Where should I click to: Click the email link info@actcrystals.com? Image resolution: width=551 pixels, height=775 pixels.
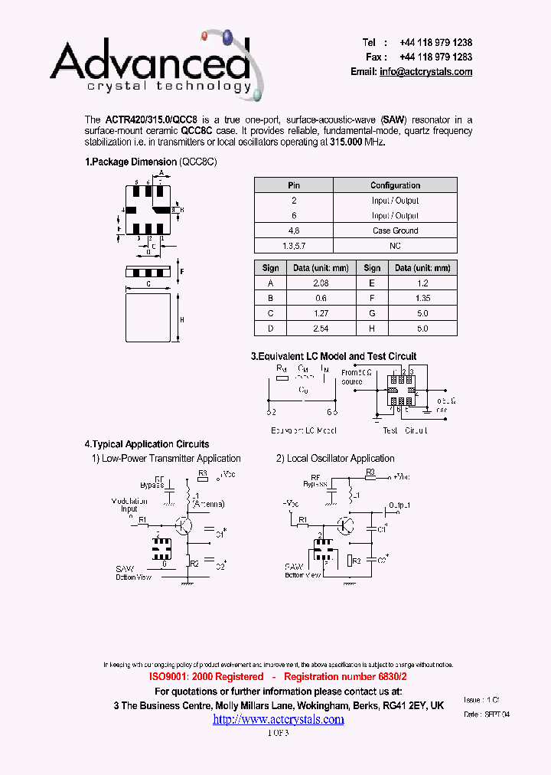click(x=425, y=72)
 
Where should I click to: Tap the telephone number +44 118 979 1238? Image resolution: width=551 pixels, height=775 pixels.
click(x=435, y=43)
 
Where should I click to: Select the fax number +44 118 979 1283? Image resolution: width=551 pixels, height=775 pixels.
click(x=435, y=57)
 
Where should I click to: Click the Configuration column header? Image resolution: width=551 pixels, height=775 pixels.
click(x=395, y=185)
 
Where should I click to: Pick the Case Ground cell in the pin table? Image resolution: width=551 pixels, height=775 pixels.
click(x=395, y=231)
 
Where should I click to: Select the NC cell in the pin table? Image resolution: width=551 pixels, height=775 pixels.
click(x=395, y=246)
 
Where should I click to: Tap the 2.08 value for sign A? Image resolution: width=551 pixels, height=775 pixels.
click(x=320, y=283)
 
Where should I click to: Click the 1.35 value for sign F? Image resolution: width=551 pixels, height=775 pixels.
click(x=422, y=298)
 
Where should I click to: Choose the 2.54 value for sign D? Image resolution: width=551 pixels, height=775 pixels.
click(x=320, y=328)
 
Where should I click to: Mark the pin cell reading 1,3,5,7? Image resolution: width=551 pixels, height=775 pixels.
click(x=294, y=246)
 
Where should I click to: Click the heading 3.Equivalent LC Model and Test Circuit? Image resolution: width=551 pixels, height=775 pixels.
click(x=334, y=356)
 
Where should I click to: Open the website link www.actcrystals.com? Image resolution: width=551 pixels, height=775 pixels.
click(x=278, y=719)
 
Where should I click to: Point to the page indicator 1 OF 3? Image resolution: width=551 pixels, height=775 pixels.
click(x=278, y=733)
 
